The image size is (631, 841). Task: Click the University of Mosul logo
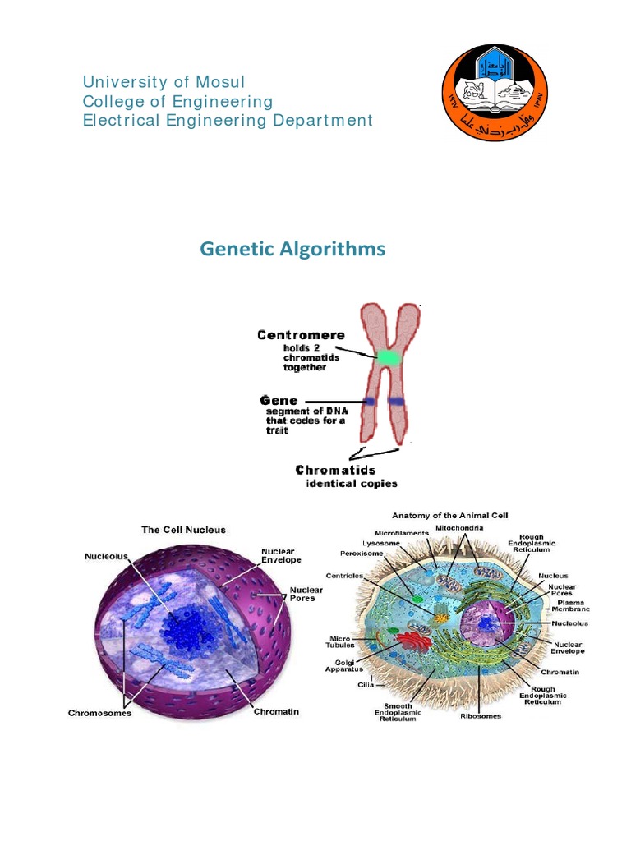point(494,90)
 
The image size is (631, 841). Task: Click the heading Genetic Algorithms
point(292,248)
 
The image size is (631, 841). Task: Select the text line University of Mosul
point(164,82)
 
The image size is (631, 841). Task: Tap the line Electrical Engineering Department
point(228,121)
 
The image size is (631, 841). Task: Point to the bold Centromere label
point(301,335)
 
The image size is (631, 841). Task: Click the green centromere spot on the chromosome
point(388,357)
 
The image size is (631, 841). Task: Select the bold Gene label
point(279,401)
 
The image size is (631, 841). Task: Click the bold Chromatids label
point(335,471)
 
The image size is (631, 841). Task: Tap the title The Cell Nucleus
point(183,530)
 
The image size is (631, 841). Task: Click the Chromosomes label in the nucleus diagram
point(99,713)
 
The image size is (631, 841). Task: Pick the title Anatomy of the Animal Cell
point(449,516)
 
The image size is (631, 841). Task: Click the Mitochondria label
point(459,526)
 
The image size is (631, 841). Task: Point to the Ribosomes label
point(480,716)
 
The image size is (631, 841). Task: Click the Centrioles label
point(346,576)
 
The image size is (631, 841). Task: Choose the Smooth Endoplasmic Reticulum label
point(398,712)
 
